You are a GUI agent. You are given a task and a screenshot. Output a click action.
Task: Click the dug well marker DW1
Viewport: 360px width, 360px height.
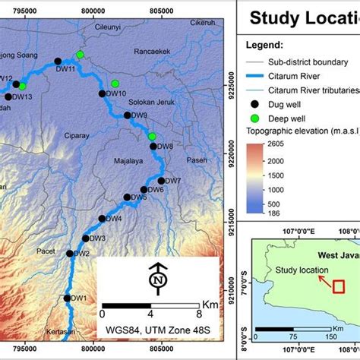68,298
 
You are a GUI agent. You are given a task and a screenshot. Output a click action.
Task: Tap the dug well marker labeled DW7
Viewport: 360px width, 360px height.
160,180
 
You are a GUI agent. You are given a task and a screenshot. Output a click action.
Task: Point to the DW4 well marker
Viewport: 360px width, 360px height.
102,219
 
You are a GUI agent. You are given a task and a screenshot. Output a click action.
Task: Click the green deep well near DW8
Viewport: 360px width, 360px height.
152,136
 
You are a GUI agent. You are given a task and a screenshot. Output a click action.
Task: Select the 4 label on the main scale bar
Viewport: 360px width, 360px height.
150,312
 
